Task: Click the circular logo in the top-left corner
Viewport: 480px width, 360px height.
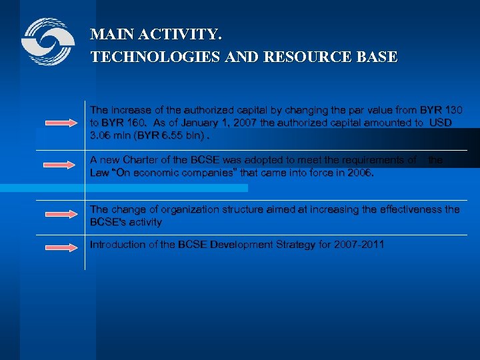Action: click(47, 42)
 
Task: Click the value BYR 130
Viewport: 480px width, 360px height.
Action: click(441, 109)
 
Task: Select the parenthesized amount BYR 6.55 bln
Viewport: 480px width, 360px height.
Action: click(170, 135)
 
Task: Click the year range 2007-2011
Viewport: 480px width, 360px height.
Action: click(360, 245)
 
